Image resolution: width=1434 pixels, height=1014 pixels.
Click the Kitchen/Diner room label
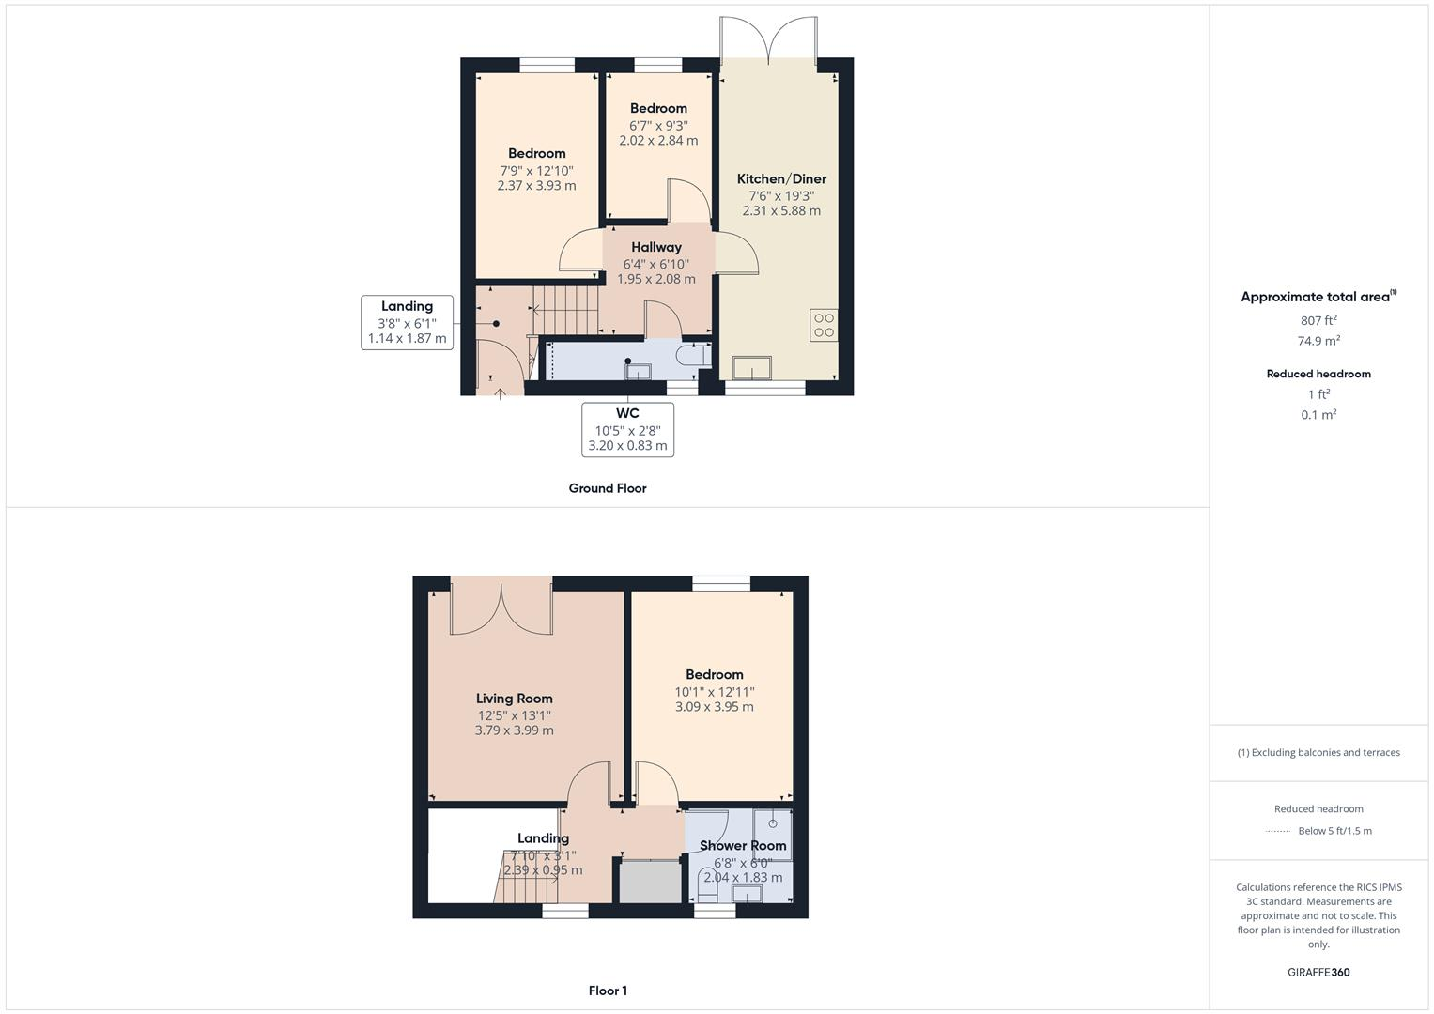[x=781, y=179]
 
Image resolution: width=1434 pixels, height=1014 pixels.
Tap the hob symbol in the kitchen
[x=824, y=325]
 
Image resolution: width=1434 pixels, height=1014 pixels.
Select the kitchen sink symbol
[x=751, y=367]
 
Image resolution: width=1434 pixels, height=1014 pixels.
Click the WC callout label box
[x=627, y=429]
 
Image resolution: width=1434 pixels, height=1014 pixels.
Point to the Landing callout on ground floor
[x=407, y=322]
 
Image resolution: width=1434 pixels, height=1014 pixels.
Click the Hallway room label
[x=656, y=248]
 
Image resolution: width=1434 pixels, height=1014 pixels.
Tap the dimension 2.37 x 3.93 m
[x=536, y=186]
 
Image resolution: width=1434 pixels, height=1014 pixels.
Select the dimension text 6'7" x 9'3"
[x=658, y=125]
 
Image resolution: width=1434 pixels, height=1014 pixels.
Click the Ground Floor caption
[x=608, y=488]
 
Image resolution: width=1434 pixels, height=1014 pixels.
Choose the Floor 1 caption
[x=608, y=991]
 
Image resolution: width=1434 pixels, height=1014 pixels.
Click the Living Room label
[x=514, y=699]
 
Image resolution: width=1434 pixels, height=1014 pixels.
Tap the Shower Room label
[x=743, y=846]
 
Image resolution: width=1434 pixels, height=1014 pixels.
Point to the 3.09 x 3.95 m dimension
[x=714, y=707]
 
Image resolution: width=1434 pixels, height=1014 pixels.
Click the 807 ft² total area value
[x=1318, y=319]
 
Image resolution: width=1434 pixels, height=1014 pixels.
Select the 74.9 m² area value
[x=1318, y=341]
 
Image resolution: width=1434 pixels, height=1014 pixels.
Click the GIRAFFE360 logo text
[x=1318, y=973]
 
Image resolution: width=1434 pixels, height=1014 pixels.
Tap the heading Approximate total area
[x=1317, y=297]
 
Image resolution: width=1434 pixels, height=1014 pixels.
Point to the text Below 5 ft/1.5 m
[x=1334, y=831]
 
